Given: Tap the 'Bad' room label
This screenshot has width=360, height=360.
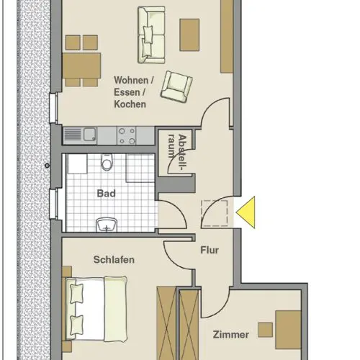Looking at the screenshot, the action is point(106,194).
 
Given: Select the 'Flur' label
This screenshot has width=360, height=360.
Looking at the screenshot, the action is point(210,250).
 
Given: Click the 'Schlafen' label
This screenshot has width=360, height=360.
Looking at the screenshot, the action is point(114,260).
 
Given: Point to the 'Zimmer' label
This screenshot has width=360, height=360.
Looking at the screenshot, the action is point(230,335).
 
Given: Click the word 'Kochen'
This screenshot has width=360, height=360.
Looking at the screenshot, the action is point(130,104).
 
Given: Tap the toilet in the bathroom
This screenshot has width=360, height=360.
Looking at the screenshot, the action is point(107,162).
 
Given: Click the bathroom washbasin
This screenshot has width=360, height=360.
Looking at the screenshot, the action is point(107,225).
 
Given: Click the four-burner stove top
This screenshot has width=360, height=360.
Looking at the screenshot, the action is point(127,135).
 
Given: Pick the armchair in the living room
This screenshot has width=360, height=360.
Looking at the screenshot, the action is point(176,86).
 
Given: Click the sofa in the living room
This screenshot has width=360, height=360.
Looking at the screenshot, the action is point(151,35).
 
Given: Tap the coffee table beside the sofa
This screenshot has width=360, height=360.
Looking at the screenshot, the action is point(189,35).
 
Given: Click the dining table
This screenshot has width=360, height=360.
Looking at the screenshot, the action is point(81,66).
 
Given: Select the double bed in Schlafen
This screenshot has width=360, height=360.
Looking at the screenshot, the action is point(96,309).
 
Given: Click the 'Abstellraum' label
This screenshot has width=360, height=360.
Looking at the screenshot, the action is point(178,152).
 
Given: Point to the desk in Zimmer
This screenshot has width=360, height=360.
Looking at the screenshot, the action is point(288,330).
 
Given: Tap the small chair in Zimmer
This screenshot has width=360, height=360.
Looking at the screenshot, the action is point(266,330).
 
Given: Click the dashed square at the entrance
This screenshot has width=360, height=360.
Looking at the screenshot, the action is point(215,213).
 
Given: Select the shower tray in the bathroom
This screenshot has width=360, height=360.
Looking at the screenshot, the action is point(140,168).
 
